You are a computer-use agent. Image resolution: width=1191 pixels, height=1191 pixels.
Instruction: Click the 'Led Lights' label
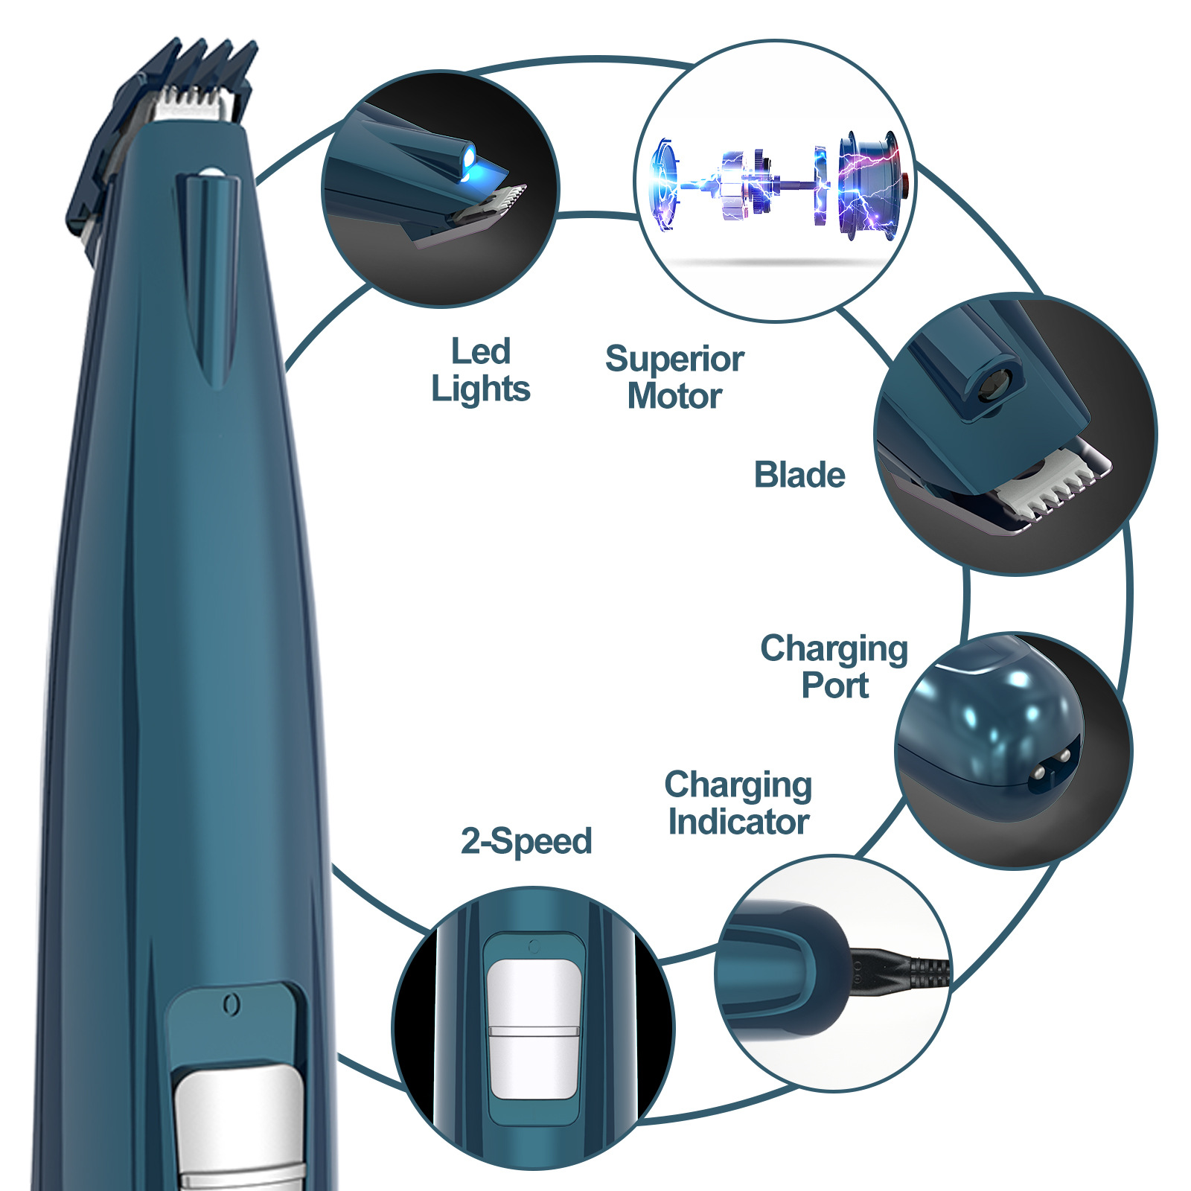tap(481, 370)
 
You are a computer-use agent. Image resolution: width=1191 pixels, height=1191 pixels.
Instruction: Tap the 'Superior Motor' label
tap(674, 377)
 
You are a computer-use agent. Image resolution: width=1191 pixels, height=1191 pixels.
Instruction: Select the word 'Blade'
tap(799, 475)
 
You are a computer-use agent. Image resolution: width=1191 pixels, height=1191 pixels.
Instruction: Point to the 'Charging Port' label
tap(834, 666)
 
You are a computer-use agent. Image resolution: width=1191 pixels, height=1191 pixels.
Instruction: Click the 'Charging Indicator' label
tap(738, 803)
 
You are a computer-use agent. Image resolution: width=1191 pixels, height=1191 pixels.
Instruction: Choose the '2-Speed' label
tap(526, 841)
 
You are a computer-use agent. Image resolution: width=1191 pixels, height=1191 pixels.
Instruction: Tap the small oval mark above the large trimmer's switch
tap(232, 1005)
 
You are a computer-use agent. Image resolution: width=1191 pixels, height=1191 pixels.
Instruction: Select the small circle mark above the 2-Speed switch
tap(533, 947)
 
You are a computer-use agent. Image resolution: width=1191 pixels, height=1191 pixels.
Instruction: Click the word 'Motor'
tap(674, 396)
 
